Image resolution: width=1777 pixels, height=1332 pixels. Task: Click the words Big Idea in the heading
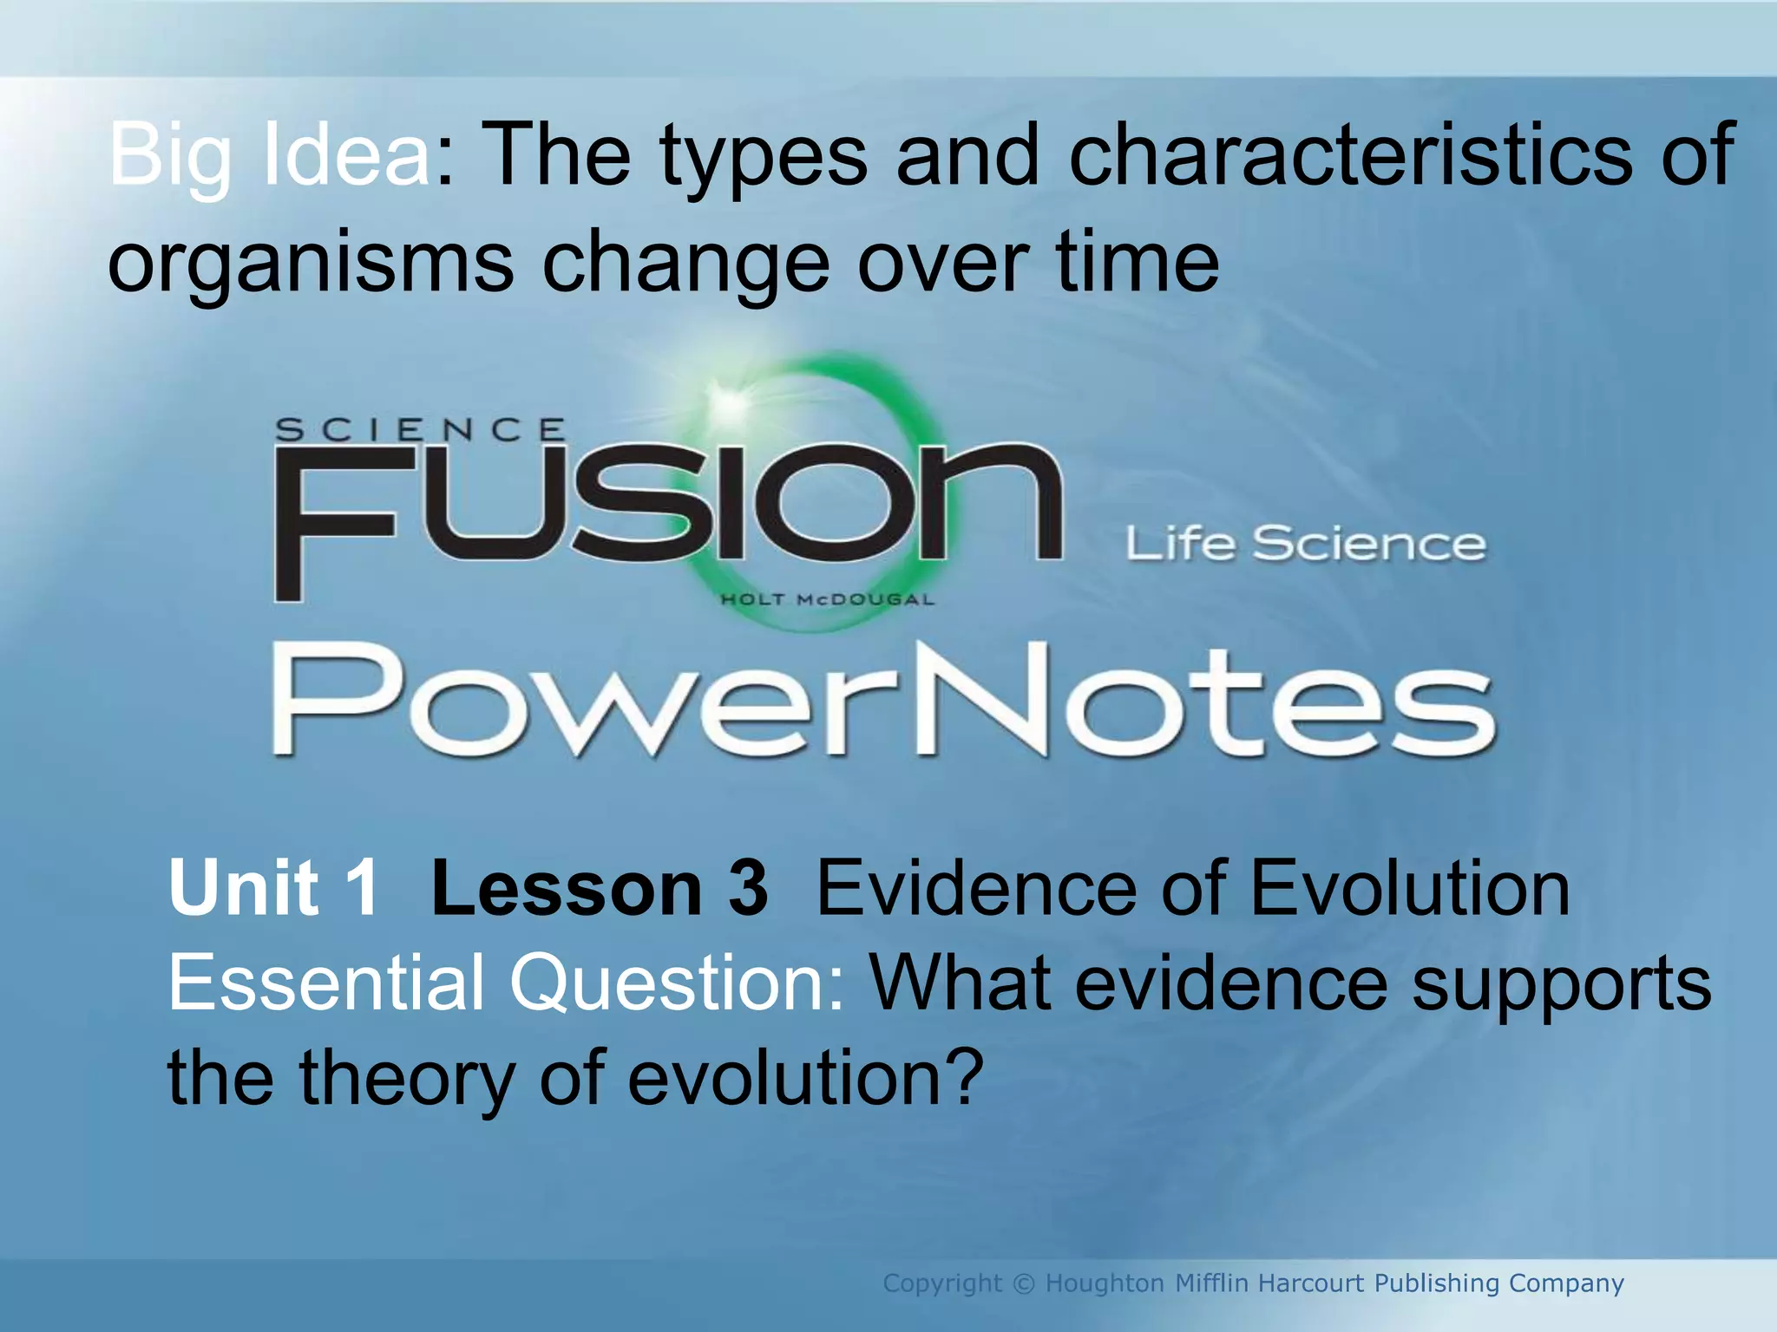pos(269,156)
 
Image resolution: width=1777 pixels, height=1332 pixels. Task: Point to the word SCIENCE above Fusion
pos(421,429)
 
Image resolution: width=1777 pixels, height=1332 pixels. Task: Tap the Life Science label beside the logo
pos(1306,544)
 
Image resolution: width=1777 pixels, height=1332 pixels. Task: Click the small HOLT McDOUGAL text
pos(828,599)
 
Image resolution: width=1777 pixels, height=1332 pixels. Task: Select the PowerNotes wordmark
pos(883,701)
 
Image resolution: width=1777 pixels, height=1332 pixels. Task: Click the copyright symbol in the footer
pos(1024,1283)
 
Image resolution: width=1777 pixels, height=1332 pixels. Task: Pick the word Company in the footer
pos(1566,1283)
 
